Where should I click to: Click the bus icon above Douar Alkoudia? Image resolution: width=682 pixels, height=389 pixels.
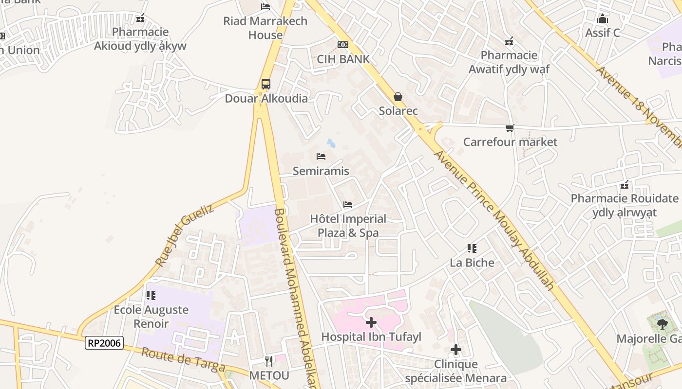pyautogui.click(x=265, y=84)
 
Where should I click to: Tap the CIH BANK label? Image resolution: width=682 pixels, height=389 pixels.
pyautogui.click(x=343, y=59)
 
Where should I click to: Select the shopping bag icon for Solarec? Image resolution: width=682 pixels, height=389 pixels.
pyautogui.click(x=398, y=97)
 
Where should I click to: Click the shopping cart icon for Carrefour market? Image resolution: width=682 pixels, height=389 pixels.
pyautogui.click(x=510, y=128)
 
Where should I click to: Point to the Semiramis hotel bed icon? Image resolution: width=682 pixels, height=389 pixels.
pyautogui.click(x=321, y=157)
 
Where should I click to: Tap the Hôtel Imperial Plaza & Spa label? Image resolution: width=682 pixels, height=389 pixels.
pyautogui.click(x=348, y=226)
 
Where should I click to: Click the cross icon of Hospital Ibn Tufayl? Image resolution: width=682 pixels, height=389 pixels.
pyautogui.click(x=371, y=322)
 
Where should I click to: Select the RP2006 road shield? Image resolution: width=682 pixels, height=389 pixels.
pyautogui.click(x=104, y=343)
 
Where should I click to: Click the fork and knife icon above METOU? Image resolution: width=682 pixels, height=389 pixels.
pyautogui.click(x=269, y=361)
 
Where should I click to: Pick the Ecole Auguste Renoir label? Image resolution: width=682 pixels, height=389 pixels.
pyautogui.click(x=151, y=317)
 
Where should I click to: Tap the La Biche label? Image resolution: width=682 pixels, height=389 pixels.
pyautogui.click(x=472, y=263)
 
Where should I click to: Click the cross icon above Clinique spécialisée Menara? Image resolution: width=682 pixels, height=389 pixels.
pyautogui.click(x=455, y=349)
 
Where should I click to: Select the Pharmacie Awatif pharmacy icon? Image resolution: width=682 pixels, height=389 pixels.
pyautogui.click(x=509, y=42)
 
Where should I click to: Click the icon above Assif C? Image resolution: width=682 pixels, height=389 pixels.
pyautogui.click(x=603, y=19)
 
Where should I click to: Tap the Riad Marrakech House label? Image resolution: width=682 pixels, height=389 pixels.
pyautogui.click(x=265, y=28)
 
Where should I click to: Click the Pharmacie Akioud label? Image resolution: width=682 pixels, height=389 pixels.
pyautogui.click(x=140, y=39)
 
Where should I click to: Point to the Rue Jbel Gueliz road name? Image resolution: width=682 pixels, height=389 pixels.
pyautogui.click(x=185, y=235)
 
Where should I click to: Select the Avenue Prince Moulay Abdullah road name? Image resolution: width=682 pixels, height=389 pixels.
pyautogui.click(x=494, y=220)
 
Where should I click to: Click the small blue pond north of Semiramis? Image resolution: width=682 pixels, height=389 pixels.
pyautogui.click(x=331, y=143)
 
